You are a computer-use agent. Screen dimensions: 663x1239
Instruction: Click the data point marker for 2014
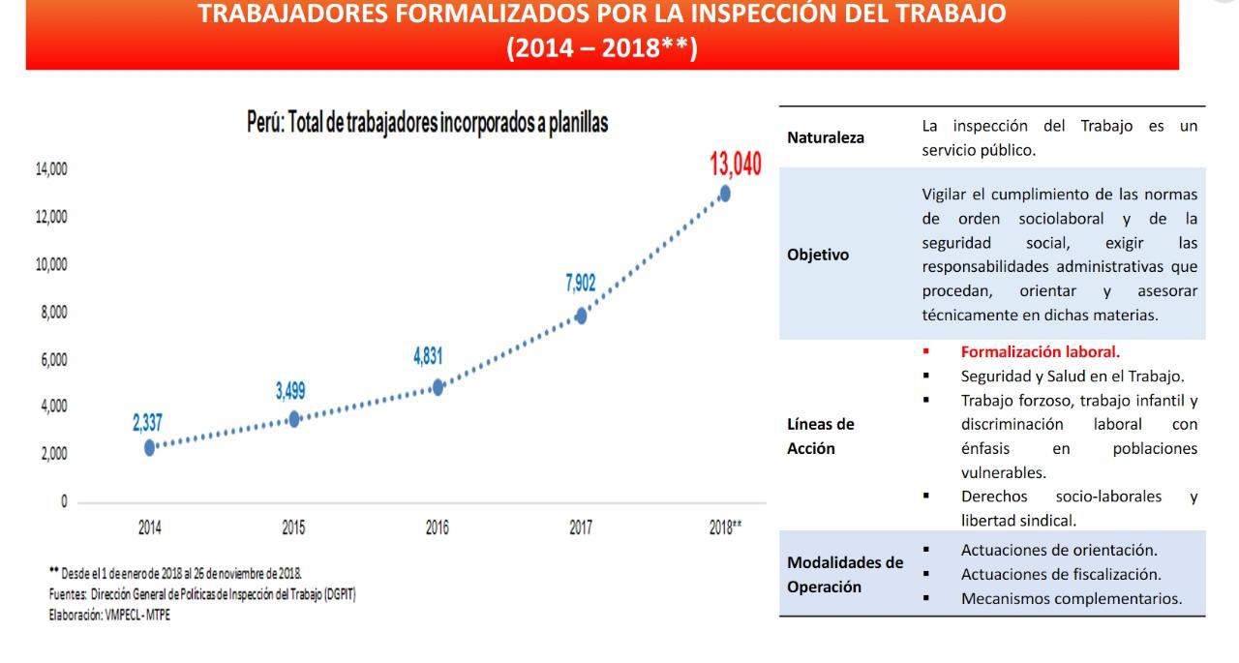point(150,447)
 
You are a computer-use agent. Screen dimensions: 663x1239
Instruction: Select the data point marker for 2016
point(438,387)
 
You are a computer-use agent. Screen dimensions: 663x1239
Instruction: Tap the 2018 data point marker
point(725,194)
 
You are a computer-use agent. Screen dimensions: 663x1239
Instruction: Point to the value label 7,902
point(581,283)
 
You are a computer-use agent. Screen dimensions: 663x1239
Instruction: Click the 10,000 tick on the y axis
point(52,264)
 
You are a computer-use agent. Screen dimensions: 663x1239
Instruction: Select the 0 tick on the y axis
point(63,501)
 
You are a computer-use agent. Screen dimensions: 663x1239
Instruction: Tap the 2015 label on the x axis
point(293,528)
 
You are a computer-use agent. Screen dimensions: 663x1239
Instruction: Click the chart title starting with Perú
point(427,125)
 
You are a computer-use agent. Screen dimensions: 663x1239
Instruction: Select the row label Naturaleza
point(826,138)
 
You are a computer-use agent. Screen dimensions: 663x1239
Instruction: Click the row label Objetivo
point(818,255)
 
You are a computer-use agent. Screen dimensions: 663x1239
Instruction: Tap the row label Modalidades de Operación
point(845,574)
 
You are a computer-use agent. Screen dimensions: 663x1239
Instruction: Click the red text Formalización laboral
point(1040,352)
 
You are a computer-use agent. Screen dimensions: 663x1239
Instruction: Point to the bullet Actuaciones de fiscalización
point(1061,574)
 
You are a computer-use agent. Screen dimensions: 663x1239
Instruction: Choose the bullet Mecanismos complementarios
point(1071,598)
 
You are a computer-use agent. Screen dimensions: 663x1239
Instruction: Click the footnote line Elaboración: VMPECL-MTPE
point(109,616)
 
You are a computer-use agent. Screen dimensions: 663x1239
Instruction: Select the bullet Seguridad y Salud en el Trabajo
point(1072,376)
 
